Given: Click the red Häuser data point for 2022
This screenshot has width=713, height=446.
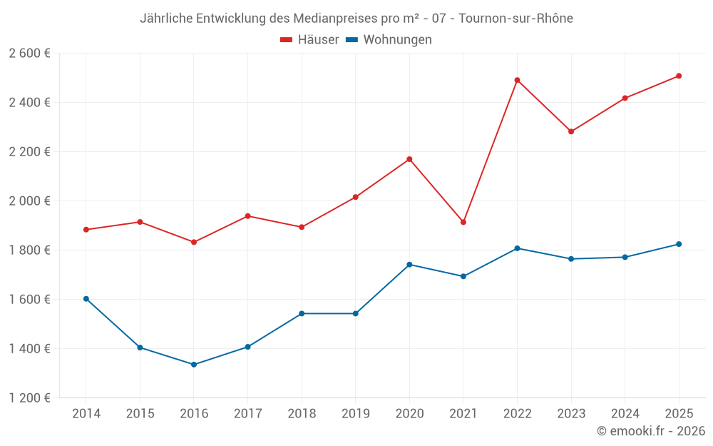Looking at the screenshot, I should (517, 80).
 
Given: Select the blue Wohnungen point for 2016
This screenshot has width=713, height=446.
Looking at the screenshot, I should (194, 365).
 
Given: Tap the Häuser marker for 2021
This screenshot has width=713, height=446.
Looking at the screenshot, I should (463, 222).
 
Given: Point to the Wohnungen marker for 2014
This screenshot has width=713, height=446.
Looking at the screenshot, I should (86, 299).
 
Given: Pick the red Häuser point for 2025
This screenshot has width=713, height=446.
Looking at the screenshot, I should (679, 76).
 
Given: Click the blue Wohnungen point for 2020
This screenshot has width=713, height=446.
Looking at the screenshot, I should (409, 265).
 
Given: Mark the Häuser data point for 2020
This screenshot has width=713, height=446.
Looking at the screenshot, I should (409, 159).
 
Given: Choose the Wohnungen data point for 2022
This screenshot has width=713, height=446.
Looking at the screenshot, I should (517, 248).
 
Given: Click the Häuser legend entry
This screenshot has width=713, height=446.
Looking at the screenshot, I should (309, 40).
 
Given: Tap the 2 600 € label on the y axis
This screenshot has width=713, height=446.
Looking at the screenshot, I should (29, 54).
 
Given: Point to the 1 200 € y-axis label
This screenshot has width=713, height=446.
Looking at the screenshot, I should (29, 398).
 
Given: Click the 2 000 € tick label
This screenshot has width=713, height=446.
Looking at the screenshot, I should (29, 201).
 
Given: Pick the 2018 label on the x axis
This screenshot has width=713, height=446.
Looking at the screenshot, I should (302, 414).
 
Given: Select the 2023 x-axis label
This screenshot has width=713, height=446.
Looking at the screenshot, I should (571, 414).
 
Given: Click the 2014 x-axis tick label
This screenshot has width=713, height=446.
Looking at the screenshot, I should (86, 414).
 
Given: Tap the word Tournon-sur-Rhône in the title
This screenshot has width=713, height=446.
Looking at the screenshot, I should (515, 18).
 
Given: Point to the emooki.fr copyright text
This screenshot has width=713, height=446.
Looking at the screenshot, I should (650, 431).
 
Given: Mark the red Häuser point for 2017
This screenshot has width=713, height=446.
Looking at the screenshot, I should (247, 216).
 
